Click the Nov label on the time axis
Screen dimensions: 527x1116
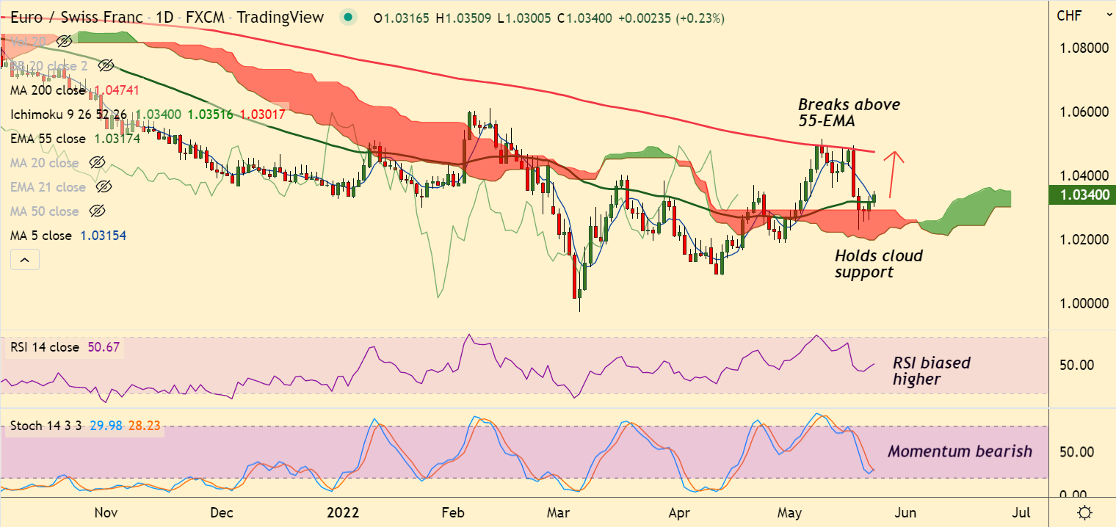106,512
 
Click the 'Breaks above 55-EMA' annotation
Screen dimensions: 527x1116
849,113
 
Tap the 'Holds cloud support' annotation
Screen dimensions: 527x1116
878,263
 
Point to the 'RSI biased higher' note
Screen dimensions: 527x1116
931,371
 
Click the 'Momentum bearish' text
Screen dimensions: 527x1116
960,451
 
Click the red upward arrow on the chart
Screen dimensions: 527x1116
893,175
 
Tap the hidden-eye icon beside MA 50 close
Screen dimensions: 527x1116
96,211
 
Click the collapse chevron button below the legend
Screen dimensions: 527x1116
24,260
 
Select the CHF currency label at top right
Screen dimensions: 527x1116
1068,15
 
